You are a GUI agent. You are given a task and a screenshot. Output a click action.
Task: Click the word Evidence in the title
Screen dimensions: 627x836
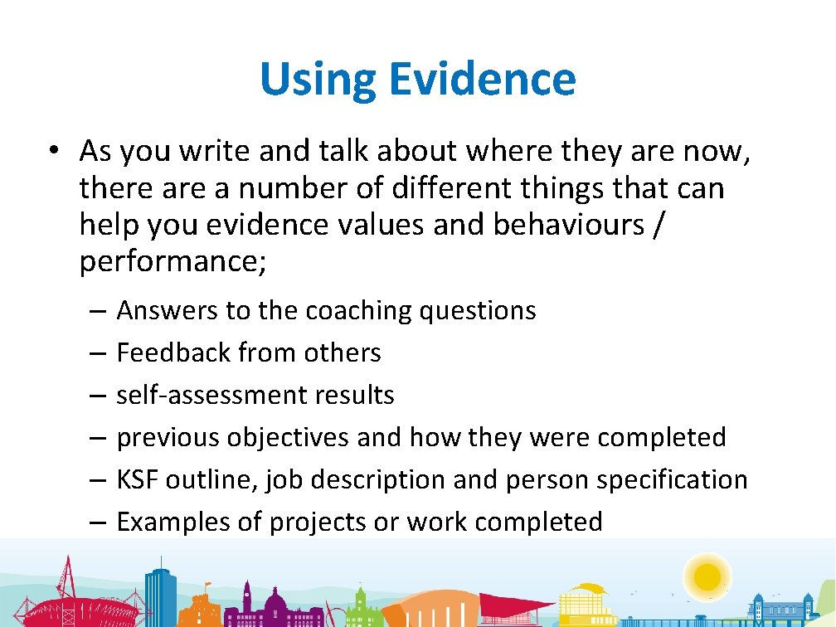482,80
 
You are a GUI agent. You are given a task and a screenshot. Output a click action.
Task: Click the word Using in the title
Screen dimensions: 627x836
318,80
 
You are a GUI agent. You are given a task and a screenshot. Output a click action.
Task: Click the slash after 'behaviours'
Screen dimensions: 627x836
659,226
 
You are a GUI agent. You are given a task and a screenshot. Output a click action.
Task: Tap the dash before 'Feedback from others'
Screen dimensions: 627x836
97,353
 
